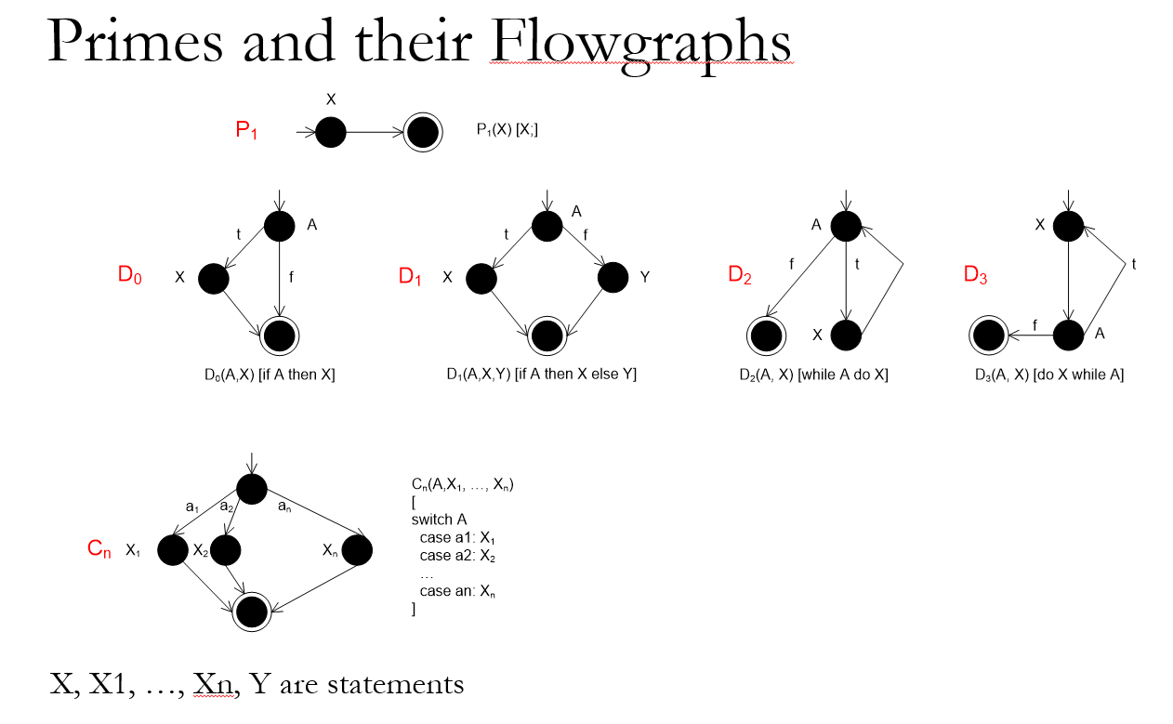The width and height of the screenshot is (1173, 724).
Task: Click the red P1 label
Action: point(246,132)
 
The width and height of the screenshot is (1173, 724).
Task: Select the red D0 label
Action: point(129,276)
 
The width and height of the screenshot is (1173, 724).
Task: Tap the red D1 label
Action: point(411,276)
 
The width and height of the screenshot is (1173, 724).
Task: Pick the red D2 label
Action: point(740,276)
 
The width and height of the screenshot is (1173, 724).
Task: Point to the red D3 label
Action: point(975,276)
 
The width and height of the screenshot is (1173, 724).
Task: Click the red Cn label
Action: point(99,550)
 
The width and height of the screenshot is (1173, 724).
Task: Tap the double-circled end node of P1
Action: point(423,134)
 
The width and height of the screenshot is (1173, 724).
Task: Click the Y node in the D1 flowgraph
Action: point(613,277)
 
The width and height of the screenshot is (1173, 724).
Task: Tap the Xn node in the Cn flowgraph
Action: point(357,550)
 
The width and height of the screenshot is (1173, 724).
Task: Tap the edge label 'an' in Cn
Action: point(285,508)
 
